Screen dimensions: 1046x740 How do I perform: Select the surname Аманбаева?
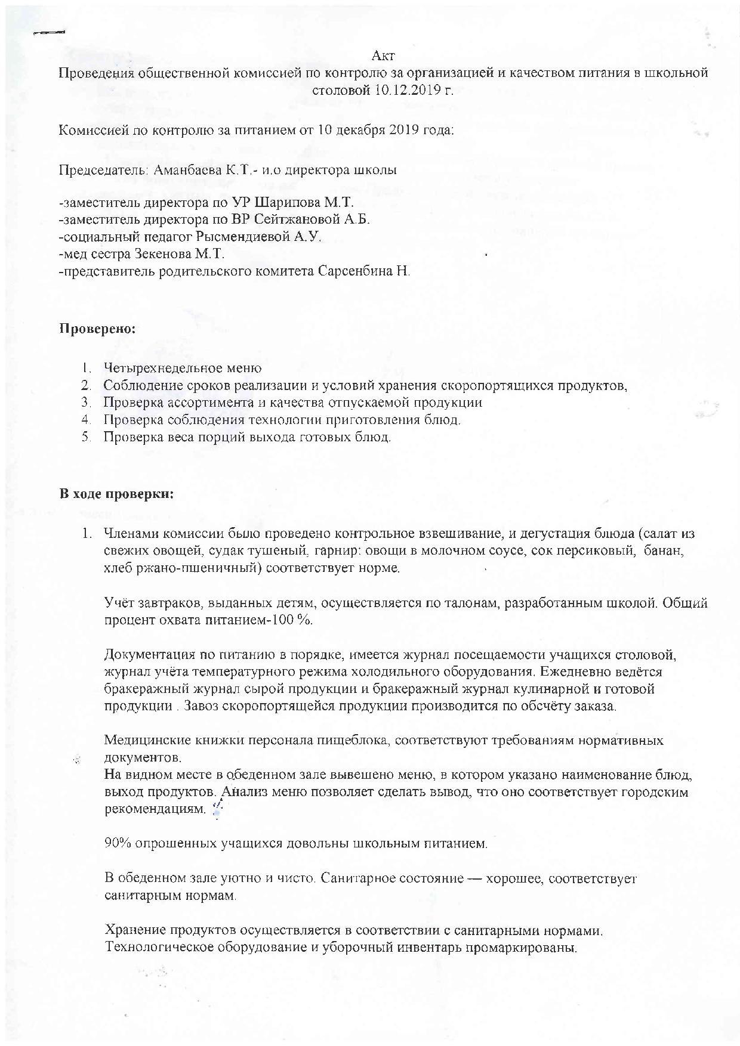click(x=189, y=170)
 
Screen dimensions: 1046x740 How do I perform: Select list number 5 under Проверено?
click(x=87, y=437)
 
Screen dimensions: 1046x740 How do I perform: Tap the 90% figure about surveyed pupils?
click(x=117, y=844)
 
